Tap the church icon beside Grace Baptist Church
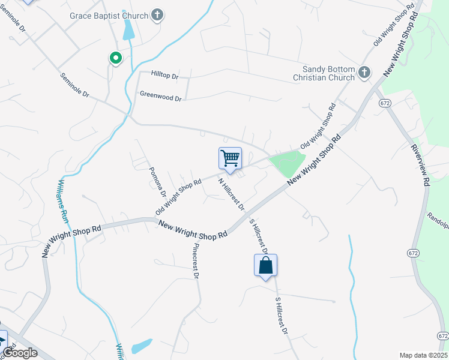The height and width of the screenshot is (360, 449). [x=157, y=15]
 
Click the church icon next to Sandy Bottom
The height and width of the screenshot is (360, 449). [x=364, y=73]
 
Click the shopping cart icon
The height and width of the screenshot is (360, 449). [x=230, y=158]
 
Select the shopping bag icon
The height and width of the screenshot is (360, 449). [x=265, y=265]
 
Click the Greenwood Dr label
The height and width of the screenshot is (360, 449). [x=160, y=95]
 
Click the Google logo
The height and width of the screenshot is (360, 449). [x=20, y=353]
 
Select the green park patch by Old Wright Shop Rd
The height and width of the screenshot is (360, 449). [x=288, y=163]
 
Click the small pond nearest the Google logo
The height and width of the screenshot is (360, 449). [x=142, y=346]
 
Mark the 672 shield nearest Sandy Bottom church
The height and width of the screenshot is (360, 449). [x=385, y=103]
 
